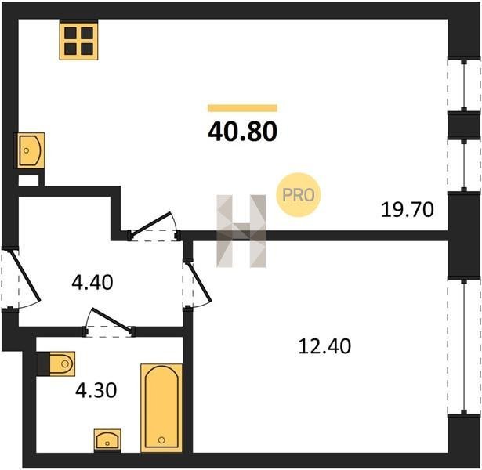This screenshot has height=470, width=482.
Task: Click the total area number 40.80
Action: coord(242,132)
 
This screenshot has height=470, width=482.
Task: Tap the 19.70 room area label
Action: coord(408,210)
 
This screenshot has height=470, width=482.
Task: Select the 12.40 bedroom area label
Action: coord(324,346)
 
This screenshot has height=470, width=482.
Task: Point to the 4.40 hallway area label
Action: coord(92,282)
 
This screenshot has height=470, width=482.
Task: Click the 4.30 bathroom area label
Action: coord(96,390)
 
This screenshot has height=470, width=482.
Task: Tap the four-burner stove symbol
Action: coord(78,41)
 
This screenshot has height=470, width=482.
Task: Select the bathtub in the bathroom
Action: coord(161,408)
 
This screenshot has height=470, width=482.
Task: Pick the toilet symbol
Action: coord(56,363)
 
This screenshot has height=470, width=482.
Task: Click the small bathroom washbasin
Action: coord(107,440)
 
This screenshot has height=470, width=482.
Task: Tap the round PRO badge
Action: coord(298,195)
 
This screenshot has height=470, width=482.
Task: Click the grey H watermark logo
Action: coord(241,231)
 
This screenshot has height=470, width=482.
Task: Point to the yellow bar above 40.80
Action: coord(242,108)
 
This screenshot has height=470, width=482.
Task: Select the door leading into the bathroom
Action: coord(109,323)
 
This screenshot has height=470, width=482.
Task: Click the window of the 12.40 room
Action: coord(464,346)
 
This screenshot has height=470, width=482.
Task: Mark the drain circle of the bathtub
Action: coord(161,440)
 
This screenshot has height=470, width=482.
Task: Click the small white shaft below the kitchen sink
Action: coord(28,180)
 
